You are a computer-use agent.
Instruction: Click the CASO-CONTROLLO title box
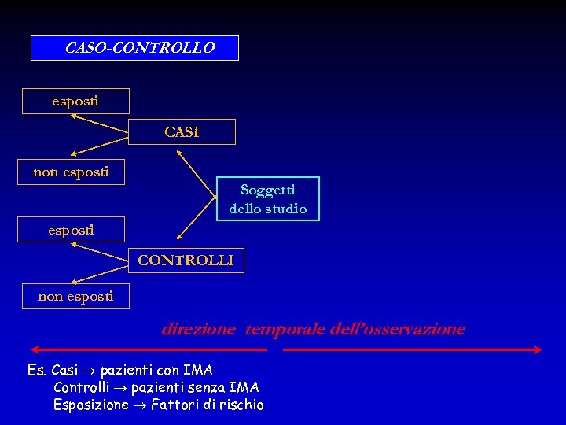coord(134,48)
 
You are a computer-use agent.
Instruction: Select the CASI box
coord(182,132)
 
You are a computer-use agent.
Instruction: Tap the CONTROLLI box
coord(186,261)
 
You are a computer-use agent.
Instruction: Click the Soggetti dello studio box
coord(268,199)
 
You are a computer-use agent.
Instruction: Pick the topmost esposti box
coord(75,102)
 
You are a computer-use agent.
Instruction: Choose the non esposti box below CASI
coord(72,172)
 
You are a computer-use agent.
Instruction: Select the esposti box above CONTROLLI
coord(72,230)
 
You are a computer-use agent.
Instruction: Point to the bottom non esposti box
coord(75,296)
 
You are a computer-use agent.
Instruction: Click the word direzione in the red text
coord(198,329)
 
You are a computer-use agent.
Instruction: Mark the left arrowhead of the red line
coord(33,349)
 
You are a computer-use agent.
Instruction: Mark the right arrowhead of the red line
coord(539,349)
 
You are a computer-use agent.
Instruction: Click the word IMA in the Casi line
coord(199,370)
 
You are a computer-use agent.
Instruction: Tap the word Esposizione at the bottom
coord(90,405)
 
